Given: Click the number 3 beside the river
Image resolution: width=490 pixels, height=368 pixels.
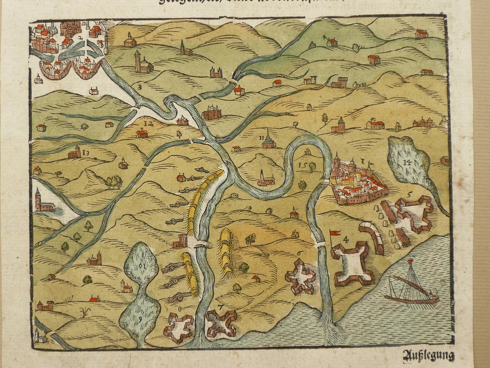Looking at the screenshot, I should click(x=139, y=87).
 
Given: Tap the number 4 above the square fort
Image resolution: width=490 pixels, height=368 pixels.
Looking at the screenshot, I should click(x=346, y=239).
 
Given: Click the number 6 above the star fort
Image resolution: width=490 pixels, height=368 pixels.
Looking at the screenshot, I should click(x=299, y=253).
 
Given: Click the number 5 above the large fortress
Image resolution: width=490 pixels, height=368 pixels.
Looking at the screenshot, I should click(x=409, y=195).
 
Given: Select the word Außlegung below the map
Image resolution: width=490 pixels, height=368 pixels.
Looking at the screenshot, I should click(x=428, y=356).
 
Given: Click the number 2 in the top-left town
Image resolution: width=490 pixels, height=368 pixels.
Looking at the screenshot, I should click(x=79, y=38).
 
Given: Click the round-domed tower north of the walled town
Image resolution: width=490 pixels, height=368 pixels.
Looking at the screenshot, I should click(x=340, y=125).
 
